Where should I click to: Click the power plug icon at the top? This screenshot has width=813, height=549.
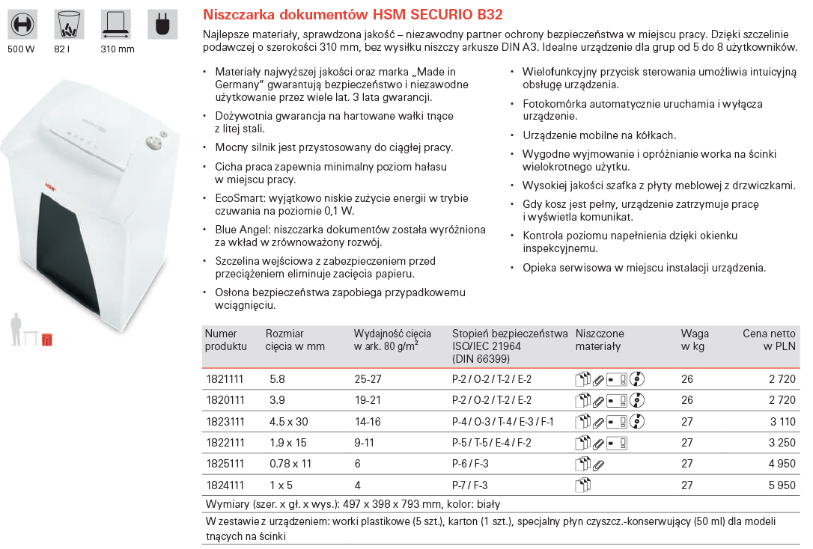[160, 24]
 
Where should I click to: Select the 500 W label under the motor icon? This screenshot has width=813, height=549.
[21, 49]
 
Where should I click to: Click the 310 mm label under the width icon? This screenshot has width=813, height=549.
[117, 49]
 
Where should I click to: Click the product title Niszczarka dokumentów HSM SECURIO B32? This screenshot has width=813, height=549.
[353, 14]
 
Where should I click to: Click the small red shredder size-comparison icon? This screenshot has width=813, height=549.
[47, 339]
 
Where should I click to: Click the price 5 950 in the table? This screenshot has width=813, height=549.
[782, 485]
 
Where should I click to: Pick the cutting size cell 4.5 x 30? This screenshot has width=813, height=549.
[288, 422]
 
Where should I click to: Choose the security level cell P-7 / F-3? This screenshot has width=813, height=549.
[470, 485]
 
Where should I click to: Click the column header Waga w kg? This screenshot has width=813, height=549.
[694, 340]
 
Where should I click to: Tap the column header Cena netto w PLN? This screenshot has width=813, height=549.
[769, 340]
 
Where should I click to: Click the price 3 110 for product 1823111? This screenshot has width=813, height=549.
[782, 422]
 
